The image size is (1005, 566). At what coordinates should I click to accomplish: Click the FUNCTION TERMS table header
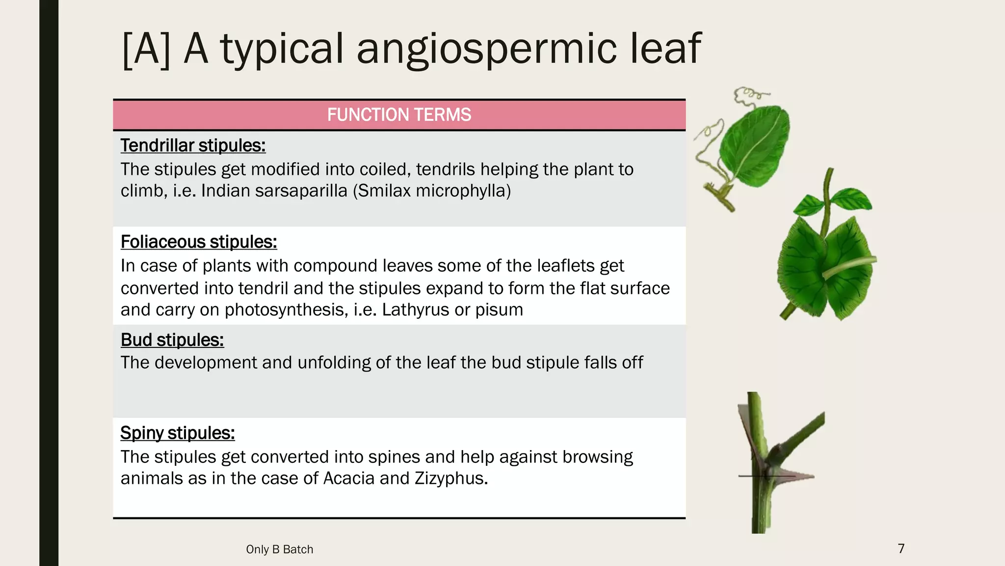(x=399, y=115)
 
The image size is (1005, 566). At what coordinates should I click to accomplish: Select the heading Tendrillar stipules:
(x=193, y=145)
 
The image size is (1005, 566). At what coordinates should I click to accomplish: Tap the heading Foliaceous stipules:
(x=199, y=242)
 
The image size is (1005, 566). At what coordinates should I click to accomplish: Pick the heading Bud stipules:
(x=172, y=340)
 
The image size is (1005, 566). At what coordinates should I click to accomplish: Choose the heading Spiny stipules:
(x=178, y=433)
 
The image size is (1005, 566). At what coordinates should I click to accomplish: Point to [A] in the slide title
(x=146, y=49)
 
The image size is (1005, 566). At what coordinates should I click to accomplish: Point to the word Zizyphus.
(x=451, y=478)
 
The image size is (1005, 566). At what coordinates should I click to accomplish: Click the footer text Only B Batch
(x=279, y=549)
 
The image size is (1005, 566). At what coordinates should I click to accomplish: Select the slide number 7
(x=901, y=548)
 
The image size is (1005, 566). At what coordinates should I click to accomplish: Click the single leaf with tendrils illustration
(x=751, y=147)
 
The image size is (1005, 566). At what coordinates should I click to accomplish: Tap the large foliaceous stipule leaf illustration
(x=827, y=265)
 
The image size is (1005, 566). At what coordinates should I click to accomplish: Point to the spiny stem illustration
(x=775, y=462)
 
